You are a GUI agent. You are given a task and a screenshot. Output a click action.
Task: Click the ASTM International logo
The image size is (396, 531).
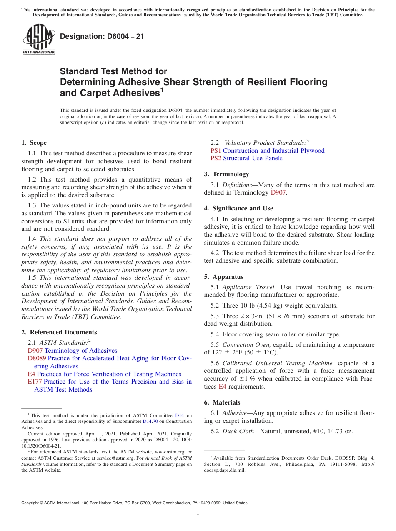click(x=38, y=40)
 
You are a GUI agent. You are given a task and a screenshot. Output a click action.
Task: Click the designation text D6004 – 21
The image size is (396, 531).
click(x=102, y=36)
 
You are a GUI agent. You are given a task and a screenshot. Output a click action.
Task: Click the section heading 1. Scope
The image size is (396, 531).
click(x=34, y=143)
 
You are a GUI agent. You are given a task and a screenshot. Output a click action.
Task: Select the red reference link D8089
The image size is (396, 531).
click(x=37, y=358)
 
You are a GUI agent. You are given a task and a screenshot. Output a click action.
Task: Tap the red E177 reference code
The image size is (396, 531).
click(x=35, y=382)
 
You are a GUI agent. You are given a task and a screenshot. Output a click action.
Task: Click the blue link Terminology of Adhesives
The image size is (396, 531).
click(x=81, y=351)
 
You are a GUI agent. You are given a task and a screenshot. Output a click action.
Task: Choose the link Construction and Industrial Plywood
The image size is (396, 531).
click(x=273, y=151)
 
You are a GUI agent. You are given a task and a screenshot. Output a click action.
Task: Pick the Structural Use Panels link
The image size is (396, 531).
click(x=253, y=158)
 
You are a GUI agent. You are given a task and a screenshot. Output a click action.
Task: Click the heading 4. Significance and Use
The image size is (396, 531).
click(x=238, y=208)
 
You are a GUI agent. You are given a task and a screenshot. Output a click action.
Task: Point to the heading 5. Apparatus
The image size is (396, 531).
click(x=223, y=277)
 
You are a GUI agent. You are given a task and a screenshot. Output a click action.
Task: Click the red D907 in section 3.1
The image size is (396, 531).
click(x=278, y=192)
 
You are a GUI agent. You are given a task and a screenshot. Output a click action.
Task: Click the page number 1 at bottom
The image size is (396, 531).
click(x=198, y=513)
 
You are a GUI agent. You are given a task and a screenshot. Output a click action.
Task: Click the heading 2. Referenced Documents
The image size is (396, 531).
click(x=59, y=332)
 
